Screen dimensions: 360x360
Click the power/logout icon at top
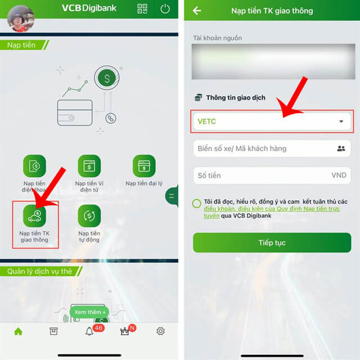point(165,9)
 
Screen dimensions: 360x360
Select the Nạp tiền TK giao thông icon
point(34,216)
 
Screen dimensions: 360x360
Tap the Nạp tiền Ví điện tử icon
point(89,166)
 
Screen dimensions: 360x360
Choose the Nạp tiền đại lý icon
point(144,166)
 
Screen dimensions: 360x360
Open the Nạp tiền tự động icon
point(89,216)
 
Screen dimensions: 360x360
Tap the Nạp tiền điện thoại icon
point(34,166)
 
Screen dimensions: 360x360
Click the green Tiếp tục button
point(272,243)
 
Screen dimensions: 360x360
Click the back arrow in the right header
point(197,11)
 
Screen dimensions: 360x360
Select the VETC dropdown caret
point(341,121)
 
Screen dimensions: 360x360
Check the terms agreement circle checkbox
point(196,204)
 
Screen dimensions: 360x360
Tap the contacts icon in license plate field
point(340,148)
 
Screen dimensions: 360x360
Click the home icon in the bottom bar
point(18,331)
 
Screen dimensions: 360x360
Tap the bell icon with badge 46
point(89,331)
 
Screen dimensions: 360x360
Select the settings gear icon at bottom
point(161,331)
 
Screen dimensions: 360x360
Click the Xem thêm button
point(88,312)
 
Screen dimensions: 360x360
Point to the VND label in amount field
point(339,175)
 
